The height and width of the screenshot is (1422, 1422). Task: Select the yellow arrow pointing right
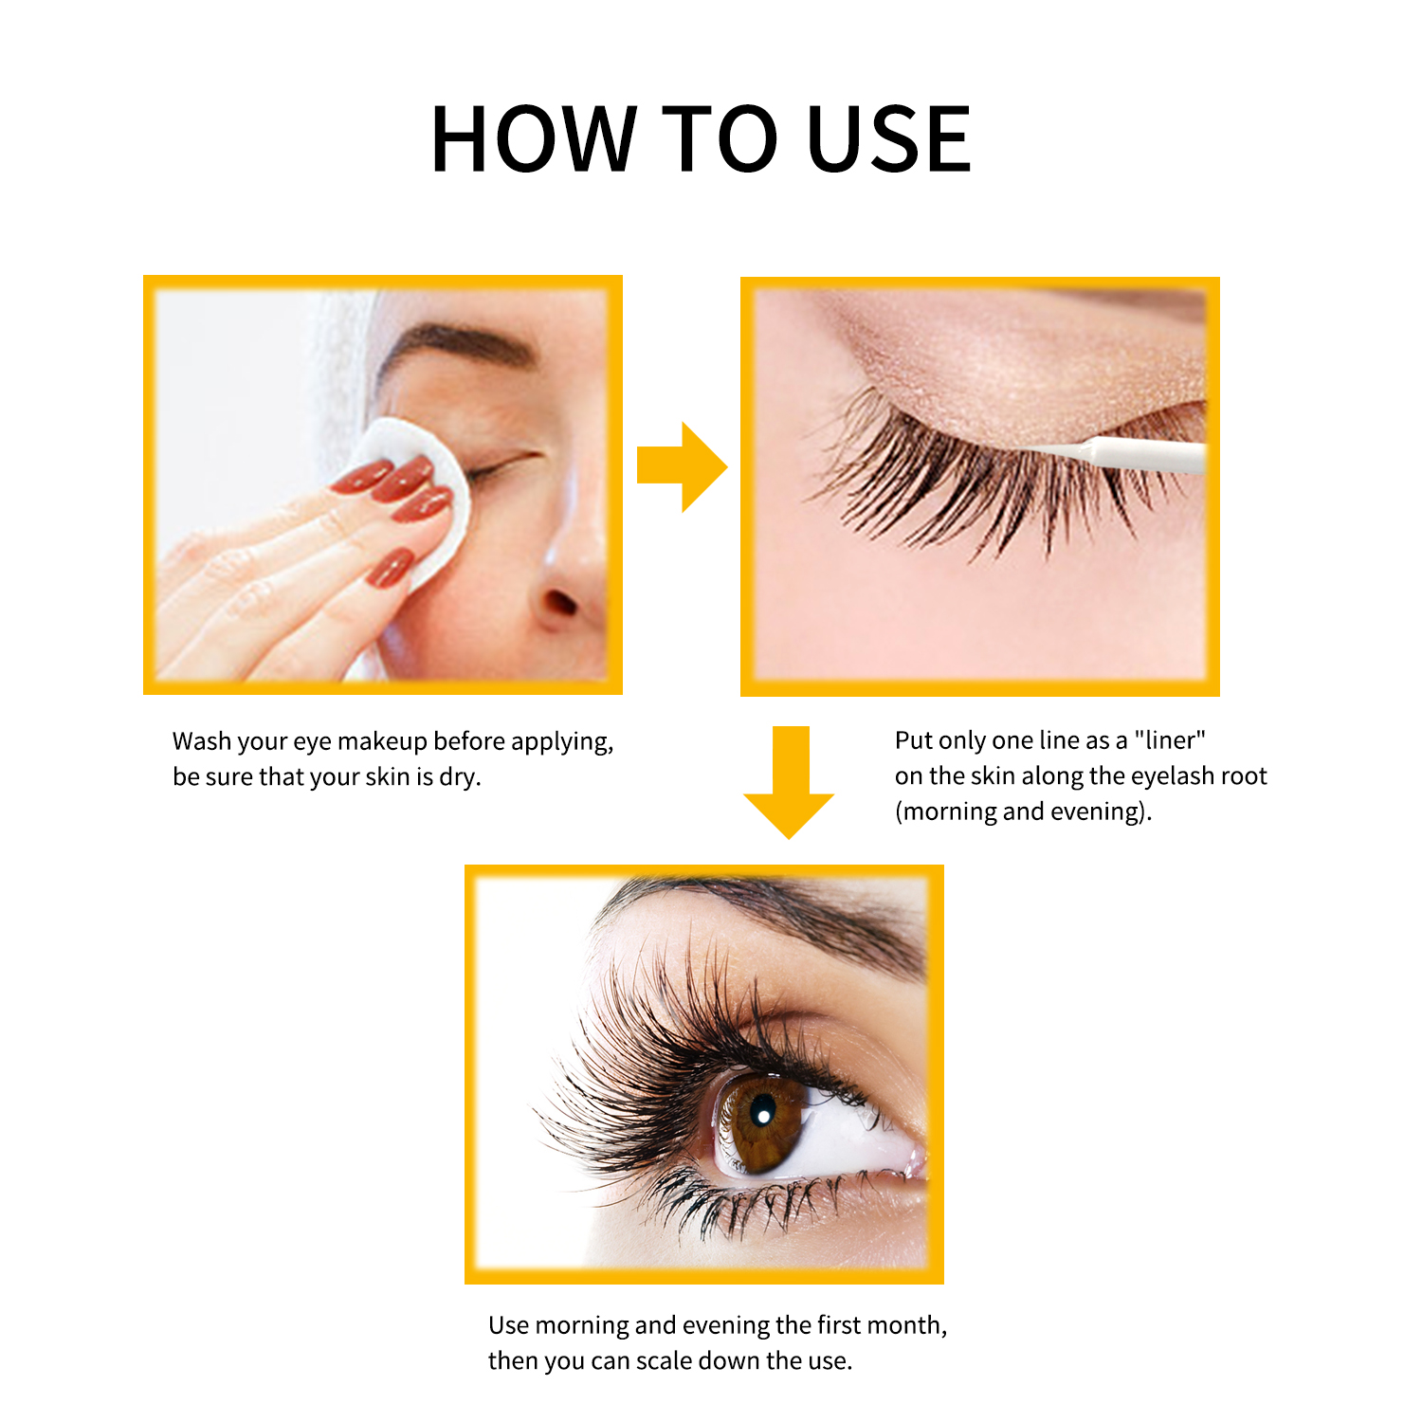pos(682,467)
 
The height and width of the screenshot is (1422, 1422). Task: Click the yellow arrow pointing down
pos(789,782)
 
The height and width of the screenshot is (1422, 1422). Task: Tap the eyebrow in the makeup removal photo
pos(455,346)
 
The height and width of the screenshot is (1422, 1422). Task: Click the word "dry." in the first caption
pos(460,777)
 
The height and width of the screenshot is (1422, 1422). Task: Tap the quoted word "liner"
pos(1170,739)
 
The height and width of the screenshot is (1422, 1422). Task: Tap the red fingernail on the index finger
pos(363,476)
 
